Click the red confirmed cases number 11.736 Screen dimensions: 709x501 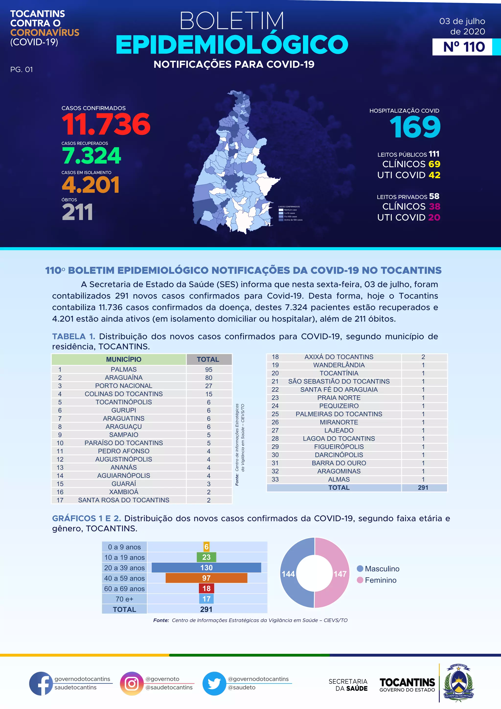[106, 124]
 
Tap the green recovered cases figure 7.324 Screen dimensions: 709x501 [92, 156]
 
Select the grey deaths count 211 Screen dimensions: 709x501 [78, 213]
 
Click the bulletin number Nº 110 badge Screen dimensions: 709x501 [464, 47]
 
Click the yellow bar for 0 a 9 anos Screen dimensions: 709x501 [206, 547]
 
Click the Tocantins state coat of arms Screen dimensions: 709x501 [458, 683]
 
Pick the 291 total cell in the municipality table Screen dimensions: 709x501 [423, 488]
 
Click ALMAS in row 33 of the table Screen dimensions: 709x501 [339, 480]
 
